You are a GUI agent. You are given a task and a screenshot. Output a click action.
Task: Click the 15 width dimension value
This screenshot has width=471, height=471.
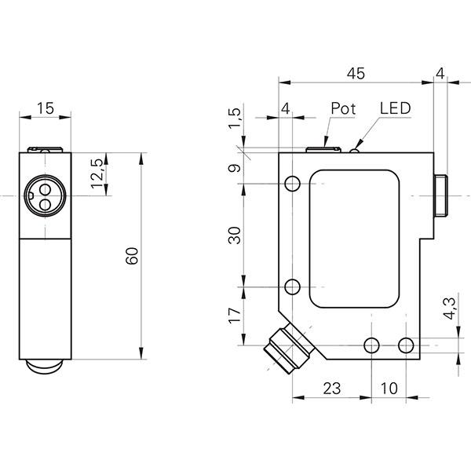click(x=46, y=109)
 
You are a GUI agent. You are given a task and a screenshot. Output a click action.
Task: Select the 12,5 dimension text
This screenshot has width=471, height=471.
click(x=97, y=174)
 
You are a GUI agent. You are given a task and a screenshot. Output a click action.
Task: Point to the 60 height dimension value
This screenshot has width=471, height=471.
click(x=132, y=255)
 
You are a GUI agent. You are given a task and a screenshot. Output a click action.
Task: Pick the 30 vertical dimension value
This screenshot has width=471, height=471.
click(x=234, y=235)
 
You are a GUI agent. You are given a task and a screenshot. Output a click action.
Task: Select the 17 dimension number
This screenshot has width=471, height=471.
click(x=234, y=317)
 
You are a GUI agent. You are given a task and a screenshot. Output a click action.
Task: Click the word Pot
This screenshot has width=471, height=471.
click(x=343, y=108)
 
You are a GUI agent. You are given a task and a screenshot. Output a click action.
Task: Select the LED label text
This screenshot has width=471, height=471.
click(x=394, y=108)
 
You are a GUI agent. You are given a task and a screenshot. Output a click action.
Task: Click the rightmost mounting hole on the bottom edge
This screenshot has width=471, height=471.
click(x=405, y=345)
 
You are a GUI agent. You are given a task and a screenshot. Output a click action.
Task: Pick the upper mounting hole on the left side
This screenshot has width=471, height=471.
click(x=293, y=184)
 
